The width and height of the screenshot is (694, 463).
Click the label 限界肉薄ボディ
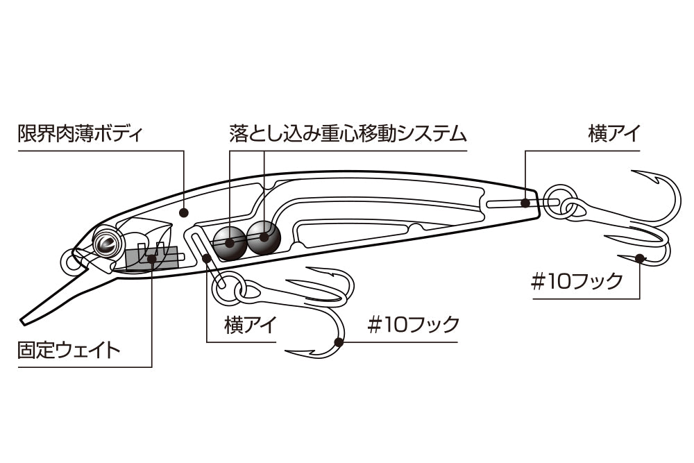pos(81,133)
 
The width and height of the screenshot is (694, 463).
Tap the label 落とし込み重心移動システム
pos(348,133)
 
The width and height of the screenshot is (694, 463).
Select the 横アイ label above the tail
pos(614,133)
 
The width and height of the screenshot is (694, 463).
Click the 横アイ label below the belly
pos(251,325)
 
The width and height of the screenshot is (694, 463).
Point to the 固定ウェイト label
pos(69,350)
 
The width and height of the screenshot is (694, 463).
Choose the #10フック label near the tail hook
pos(577,281)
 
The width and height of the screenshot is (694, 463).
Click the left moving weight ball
pos(229,242)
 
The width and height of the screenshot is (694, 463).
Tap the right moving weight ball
pos(264,237)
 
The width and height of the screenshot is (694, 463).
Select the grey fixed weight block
pos(152,258)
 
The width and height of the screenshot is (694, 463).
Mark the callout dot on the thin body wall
pos(185,213)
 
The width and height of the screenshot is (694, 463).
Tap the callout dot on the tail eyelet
pos(525,203)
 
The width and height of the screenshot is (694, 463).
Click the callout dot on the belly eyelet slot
pos(206,259)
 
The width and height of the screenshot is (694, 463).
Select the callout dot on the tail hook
pos(640,258)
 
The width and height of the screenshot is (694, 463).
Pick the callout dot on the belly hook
pos(339,342)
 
